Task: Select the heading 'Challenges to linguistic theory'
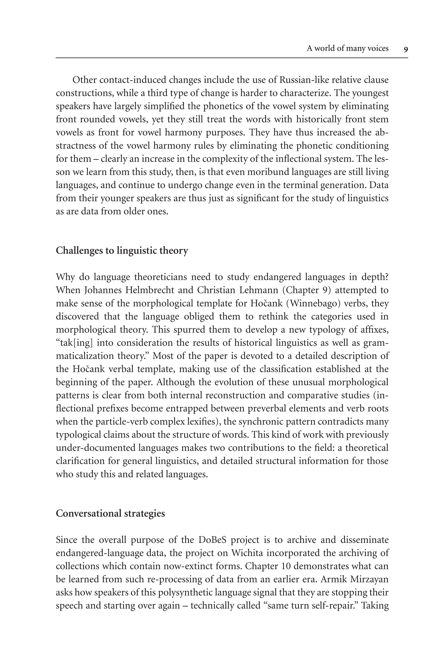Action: pos(122,250)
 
